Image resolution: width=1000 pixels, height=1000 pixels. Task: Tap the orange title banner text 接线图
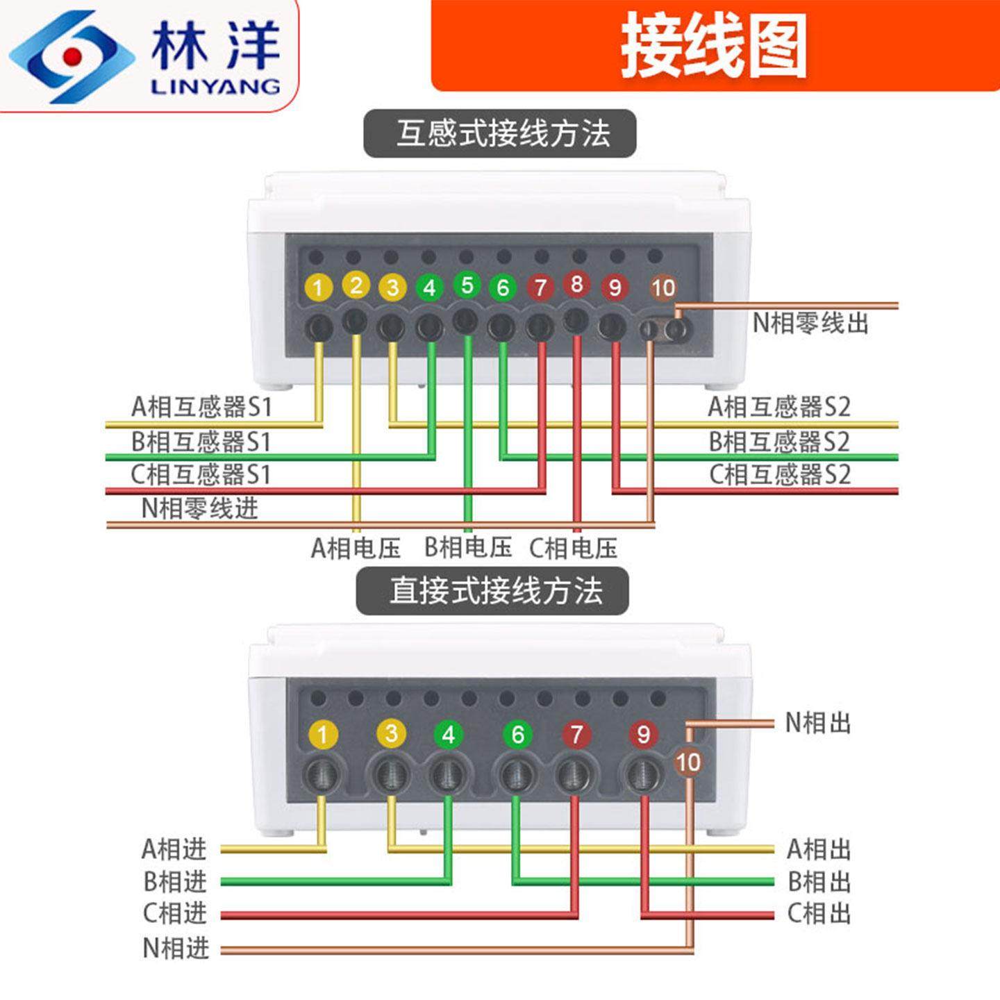(713, 47)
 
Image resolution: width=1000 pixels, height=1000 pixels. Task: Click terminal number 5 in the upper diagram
(467, 284)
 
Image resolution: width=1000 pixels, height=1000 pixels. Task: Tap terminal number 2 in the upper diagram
(356, 285)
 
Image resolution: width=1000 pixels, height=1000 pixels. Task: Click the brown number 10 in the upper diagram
(663, 287)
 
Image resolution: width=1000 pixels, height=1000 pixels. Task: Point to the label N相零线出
(810, 323)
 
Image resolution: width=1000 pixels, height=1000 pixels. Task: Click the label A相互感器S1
(201, 407)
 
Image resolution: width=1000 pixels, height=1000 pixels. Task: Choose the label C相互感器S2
(779, 474)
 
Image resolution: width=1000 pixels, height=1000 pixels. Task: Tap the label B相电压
(467, 548)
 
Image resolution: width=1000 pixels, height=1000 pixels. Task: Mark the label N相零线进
(199, 508)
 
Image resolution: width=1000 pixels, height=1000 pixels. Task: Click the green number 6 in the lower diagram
(517, 734)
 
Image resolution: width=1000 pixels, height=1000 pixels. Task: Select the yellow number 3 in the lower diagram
(391, 733)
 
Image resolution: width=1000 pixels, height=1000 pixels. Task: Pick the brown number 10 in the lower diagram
(687, 762)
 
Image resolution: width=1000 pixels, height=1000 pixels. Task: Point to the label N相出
(817, 723)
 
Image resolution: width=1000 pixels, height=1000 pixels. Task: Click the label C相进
(175, 913)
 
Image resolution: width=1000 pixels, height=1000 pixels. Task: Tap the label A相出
(818, 849)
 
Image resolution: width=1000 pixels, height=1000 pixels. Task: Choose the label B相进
(175, 881)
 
